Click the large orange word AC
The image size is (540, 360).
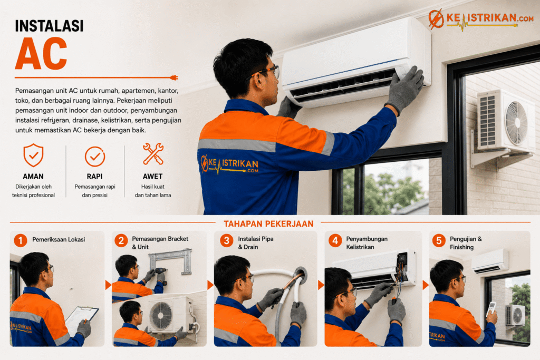[x=41, y=53]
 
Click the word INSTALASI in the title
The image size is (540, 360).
[x=49, y=26]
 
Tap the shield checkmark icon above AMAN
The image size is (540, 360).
[x=33, y=155]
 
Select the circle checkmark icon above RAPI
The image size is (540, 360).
[x=95, y=157]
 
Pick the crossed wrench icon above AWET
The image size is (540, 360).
[x=153, y=153]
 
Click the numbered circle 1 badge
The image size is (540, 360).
[x=21, y=240]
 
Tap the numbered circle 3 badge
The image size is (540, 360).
[x=227, y=240]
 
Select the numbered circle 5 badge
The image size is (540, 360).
[x=439, y=240]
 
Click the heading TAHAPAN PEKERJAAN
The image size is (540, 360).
[x=268, y=223]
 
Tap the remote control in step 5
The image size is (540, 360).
[x=491, y=309]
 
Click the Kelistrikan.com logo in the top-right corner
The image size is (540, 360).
[x=481, y=18]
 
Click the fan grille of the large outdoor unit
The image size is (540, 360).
[x=516, y=122]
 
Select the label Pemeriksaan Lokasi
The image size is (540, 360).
[x=59, y=239]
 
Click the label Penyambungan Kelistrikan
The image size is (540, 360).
[x=367, y=242]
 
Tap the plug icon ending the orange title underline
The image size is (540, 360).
[x=174, y=77]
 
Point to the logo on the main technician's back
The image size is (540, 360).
[x=229, y=164]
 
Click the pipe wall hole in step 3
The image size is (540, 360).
[x=300, y=275]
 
